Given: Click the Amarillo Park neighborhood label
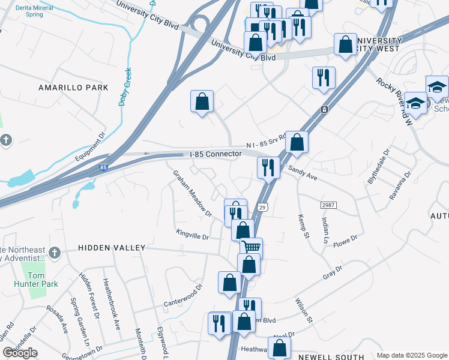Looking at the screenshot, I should tap(73, 88).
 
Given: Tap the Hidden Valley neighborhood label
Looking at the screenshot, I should tap(111, 248).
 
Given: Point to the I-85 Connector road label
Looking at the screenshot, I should tap(215, 154).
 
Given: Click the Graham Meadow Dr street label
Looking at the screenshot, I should tap(193, 193).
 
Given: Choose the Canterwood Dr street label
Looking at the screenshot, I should tap(184, 295).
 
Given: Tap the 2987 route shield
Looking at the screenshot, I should tap(328, 205).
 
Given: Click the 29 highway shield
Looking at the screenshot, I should tap(262, 207).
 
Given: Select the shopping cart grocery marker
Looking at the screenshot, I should tap(252, 247).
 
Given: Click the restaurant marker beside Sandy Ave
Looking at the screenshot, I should tap(268, 167).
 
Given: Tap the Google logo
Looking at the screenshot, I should tap(20, 353).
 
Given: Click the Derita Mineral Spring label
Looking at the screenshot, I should tap(26, 11).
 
